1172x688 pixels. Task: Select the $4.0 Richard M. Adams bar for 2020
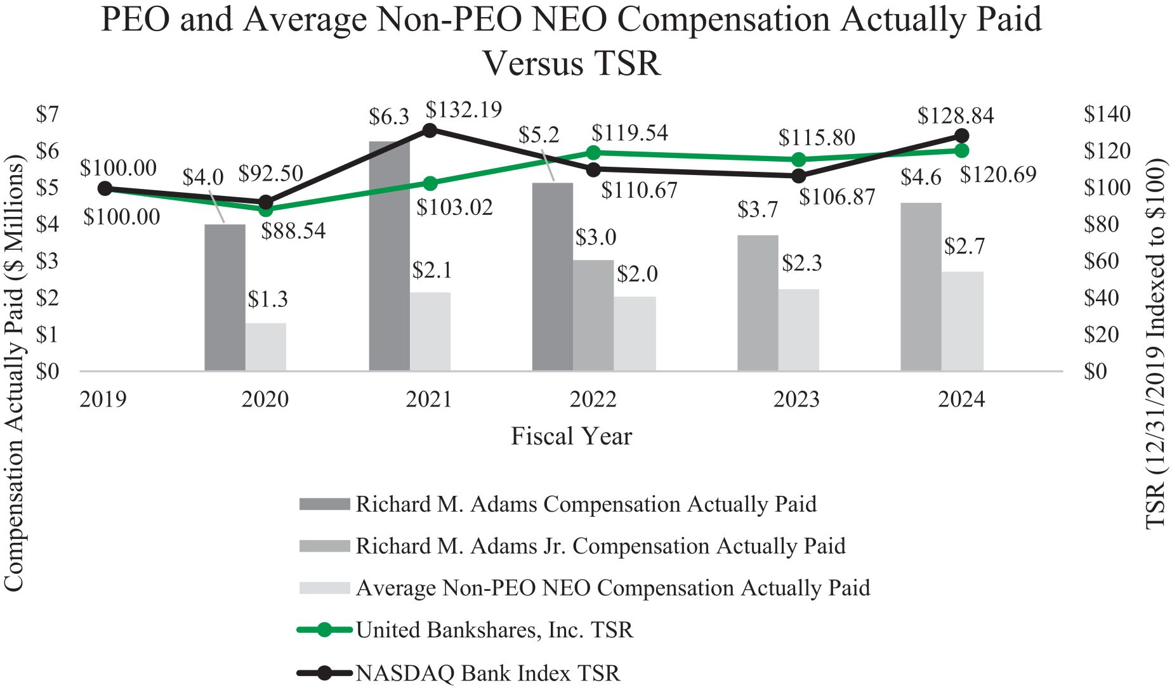[225, 297]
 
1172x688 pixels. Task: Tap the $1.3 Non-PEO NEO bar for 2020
[266, 347]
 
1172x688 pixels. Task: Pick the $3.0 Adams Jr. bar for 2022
[593, 315]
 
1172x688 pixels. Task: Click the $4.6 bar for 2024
[921, 287]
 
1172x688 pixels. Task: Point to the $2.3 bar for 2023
[798, 330]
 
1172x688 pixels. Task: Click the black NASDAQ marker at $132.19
[430, 130]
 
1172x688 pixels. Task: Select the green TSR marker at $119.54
[593, 152]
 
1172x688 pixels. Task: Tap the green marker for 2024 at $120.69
[961, 150]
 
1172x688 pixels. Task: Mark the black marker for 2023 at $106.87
[798, 176]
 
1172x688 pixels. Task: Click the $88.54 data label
[293, 231]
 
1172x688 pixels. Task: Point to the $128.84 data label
[955, 116]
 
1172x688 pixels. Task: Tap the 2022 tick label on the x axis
[593, 399]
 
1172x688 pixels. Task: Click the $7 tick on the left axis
[47, 114]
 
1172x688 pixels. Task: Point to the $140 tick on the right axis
[1107, 114]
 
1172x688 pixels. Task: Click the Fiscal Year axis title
[571, 437]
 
